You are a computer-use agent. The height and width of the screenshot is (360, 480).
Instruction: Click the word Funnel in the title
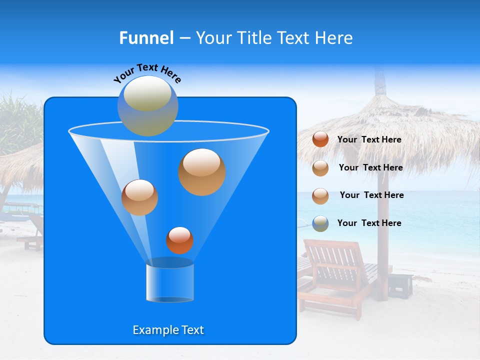pyautogui.click(x=146, y=38)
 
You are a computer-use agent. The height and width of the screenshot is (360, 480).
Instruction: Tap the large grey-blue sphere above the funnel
pyautogui.click(x=147, y=105)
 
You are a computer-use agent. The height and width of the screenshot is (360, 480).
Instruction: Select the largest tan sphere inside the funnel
pyautogui.click(x=201, y=172)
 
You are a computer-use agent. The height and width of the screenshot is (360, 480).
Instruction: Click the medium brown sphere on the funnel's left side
pyautogui.click(x=139, y=197)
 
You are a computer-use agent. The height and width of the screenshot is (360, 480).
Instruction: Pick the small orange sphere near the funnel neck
pyautogui.click(x=179, y=240)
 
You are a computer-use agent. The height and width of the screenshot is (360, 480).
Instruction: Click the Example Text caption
pyautogui.click(x=168, y=330)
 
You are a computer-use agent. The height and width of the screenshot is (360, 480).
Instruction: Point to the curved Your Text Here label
pyautogui.click(x=147, y=73)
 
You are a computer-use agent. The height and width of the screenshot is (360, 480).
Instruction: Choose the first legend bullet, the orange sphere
pyautogui.click(x=320, y=139)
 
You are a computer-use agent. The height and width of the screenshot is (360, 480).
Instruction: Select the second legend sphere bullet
pyautogui.click(x=320, y=168)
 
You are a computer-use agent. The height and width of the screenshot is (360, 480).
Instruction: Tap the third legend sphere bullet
pyautogui.click(x=320, y=196)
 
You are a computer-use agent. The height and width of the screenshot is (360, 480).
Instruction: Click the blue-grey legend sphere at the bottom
pyautogui.click(x=320, y=223)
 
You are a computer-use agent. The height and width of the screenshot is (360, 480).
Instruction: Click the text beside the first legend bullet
pyautogui.click(x=369, y=140)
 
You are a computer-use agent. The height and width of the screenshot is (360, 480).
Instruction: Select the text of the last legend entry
pyautogui.click(x=369, y=223)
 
